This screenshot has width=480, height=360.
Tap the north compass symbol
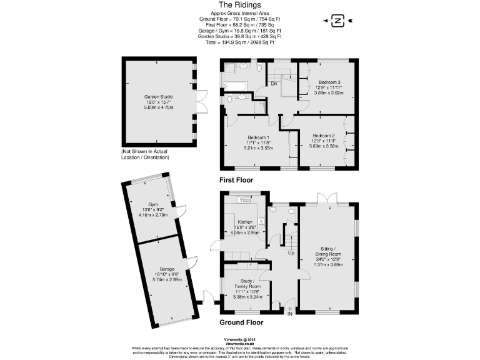[338, 21]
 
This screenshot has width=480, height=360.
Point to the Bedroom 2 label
[324, 136]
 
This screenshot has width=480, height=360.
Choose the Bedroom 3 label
[329, 82]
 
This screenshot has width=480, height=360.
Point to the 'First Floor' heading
[236, 180]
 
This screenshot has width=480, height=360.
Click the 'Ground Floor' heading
[241, 322]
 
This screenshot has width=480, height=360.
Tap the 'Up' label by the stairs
[291, 253]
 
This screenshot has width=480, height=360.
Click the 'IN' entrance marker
[289, 314]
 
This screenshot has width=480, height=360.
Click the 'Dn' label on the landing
[274, 83]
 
